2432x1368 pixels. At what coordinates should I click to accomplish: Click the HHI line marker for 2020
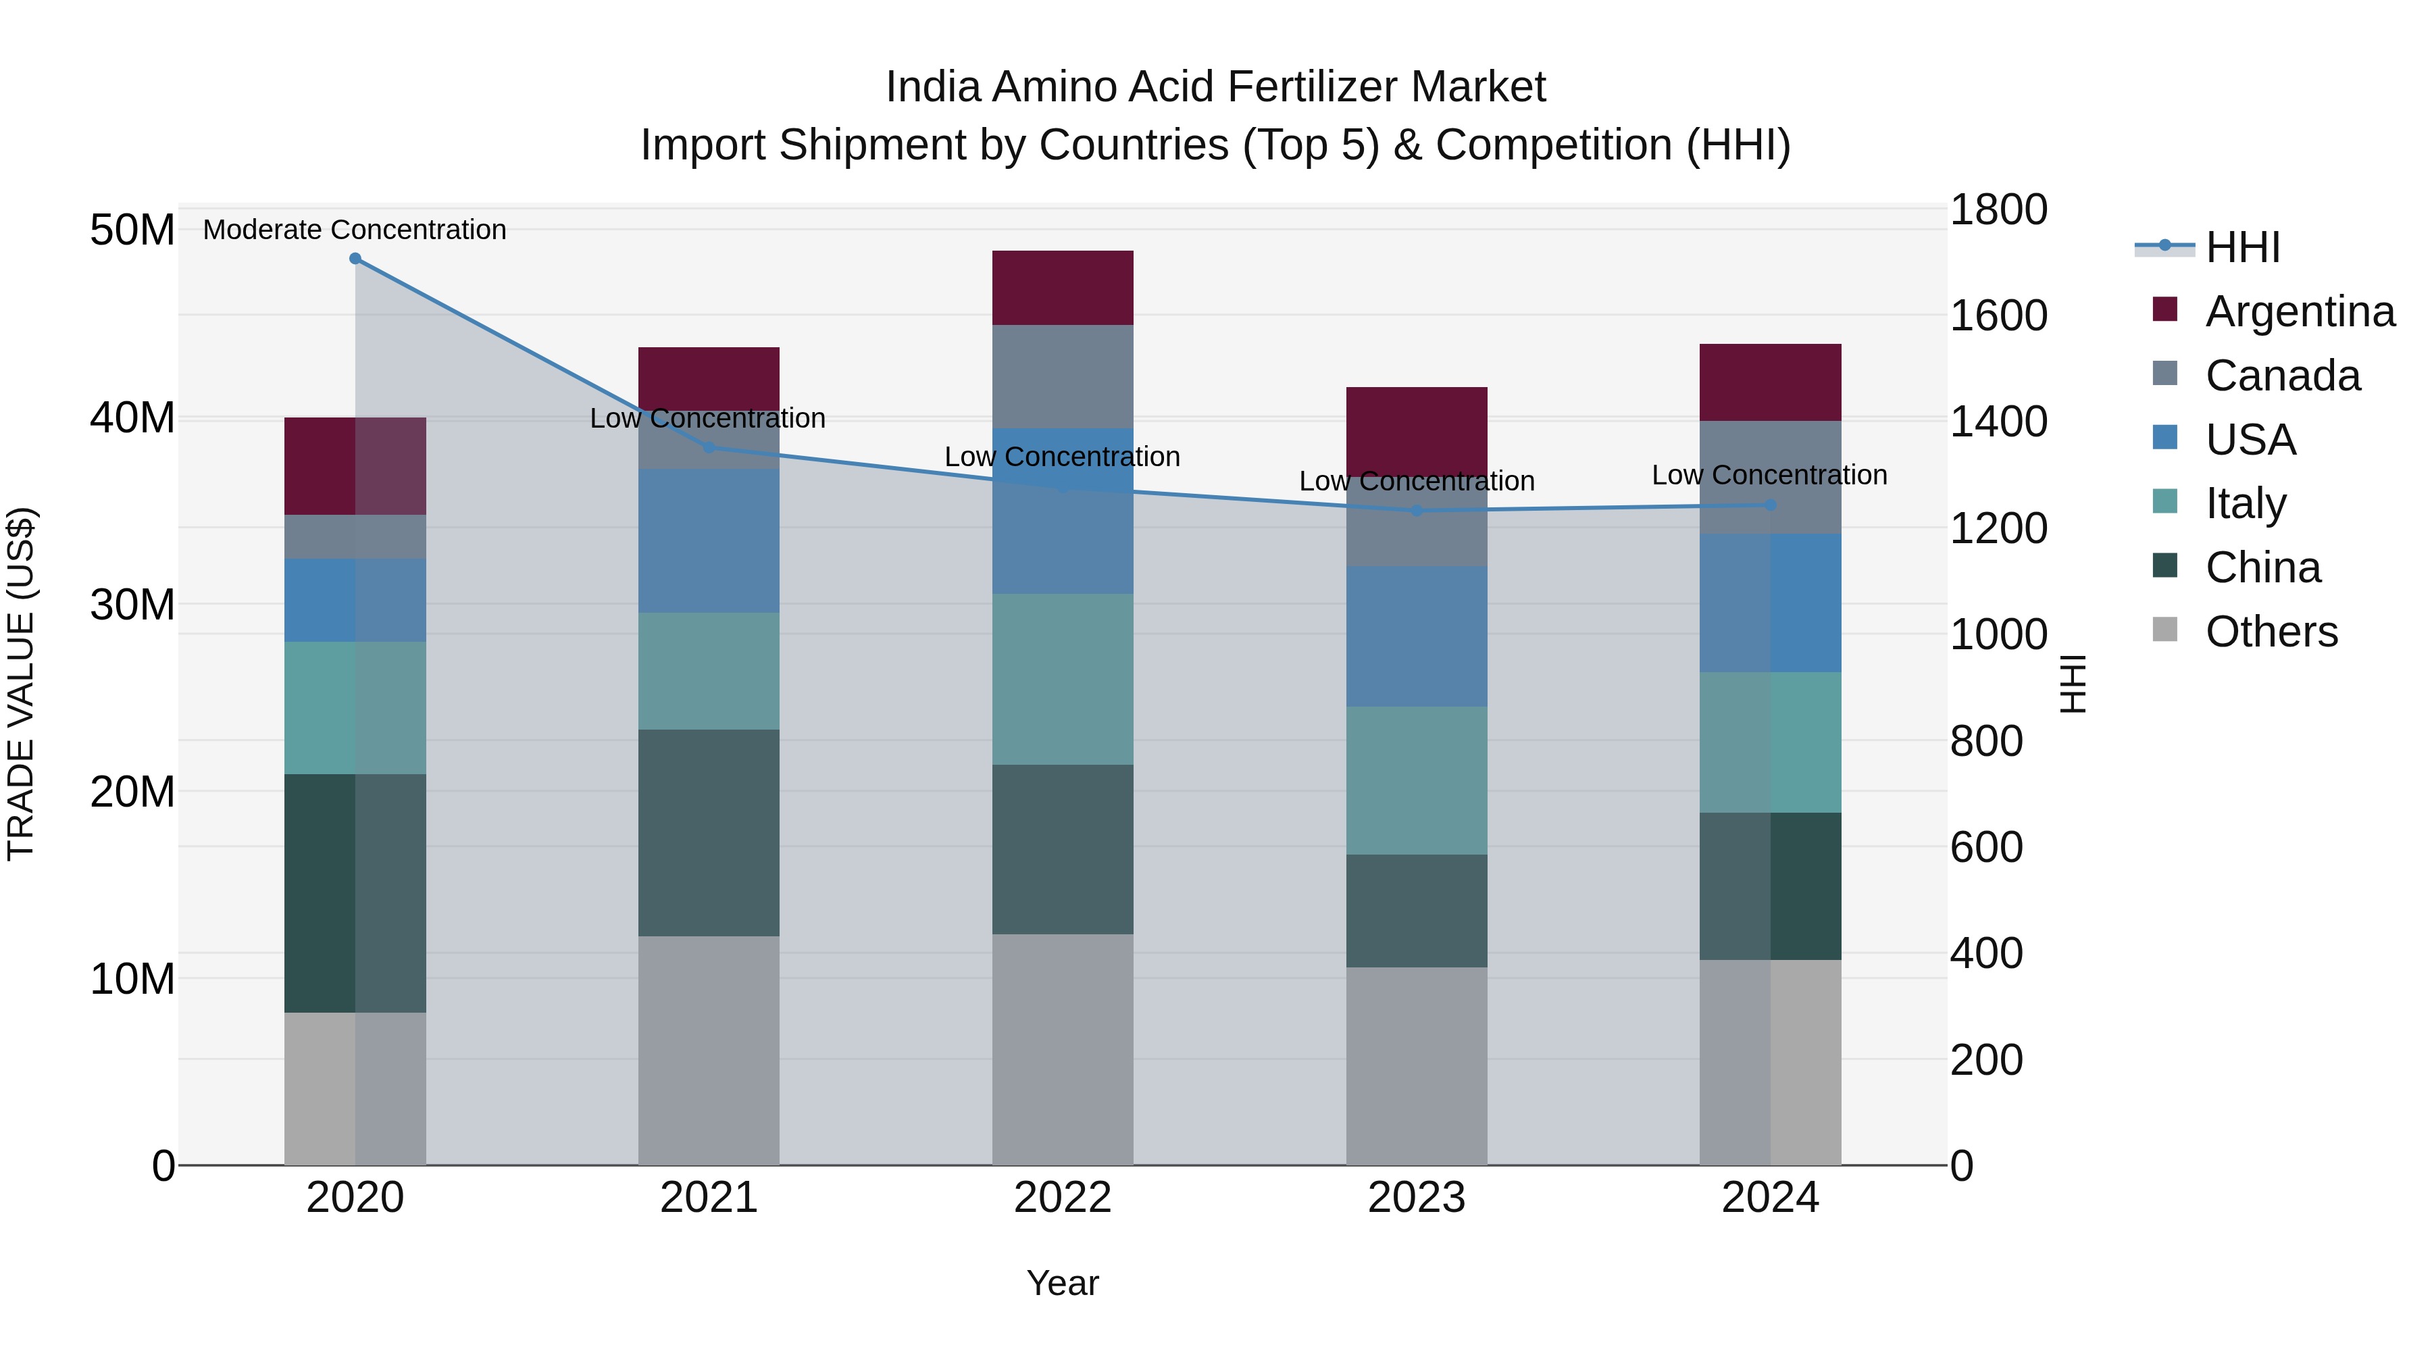pyautogui.click(x=355, y=259)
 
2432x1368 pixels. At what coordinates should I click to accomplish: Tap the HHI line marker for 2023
pyautogui.click(x=1416, y=511)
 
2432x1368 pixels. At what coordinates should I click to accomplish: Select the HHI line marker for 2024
pyautogui.click(x=1770, y=505)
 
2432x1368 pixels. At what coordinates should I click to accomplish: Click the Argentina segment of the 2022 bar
pyautogui.click(x=1062, y=288)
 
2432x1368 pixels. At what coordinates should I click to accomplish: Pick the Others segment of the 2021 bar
pyautogui.click(x=709, y=1050)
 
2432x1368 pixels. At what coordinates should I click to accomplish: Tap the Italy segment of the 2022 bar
pyautogui.click(x=1062, y=679)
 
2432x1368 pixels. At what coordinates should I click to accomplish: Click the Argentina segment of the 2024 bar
pyautogui.click(x=1770, y=382)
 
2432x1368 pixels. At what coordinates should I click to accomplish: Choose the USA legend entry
pyautogui.click(x=2249, y=440)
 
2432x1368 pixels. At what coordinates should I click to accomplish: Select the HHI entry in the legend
pyautogui.click(x=2241, y=247)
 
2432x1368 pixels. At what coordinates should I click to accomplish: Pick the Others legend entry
pyautogui.click(x=2270, y=632)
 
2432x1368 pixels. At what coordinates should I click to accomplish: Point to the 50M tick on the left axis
pyautogui.click(x=132, y=230)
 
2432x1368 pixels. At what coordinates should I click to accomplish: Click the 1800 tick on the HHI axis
pyautogui.click(x=1998, y=209)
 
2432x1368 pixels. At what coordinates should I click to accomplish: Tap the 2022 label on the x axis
pyautogui.click(x=1062, y=1198)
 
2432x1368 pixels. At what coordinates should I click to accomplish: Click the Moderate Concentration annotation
pyautogui.click(x=355, y=230)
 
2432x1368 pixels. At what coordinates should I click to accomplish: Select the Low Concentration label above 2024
pyautogui.click(x=1769, y=475)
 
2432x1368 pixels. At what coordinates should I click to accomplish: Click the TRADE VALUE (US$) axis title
pyautogui.click(x=21, y=684)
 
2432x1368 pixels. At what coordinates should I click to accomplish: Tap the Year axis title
pyautogui.click(x=1062, y=1283)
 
